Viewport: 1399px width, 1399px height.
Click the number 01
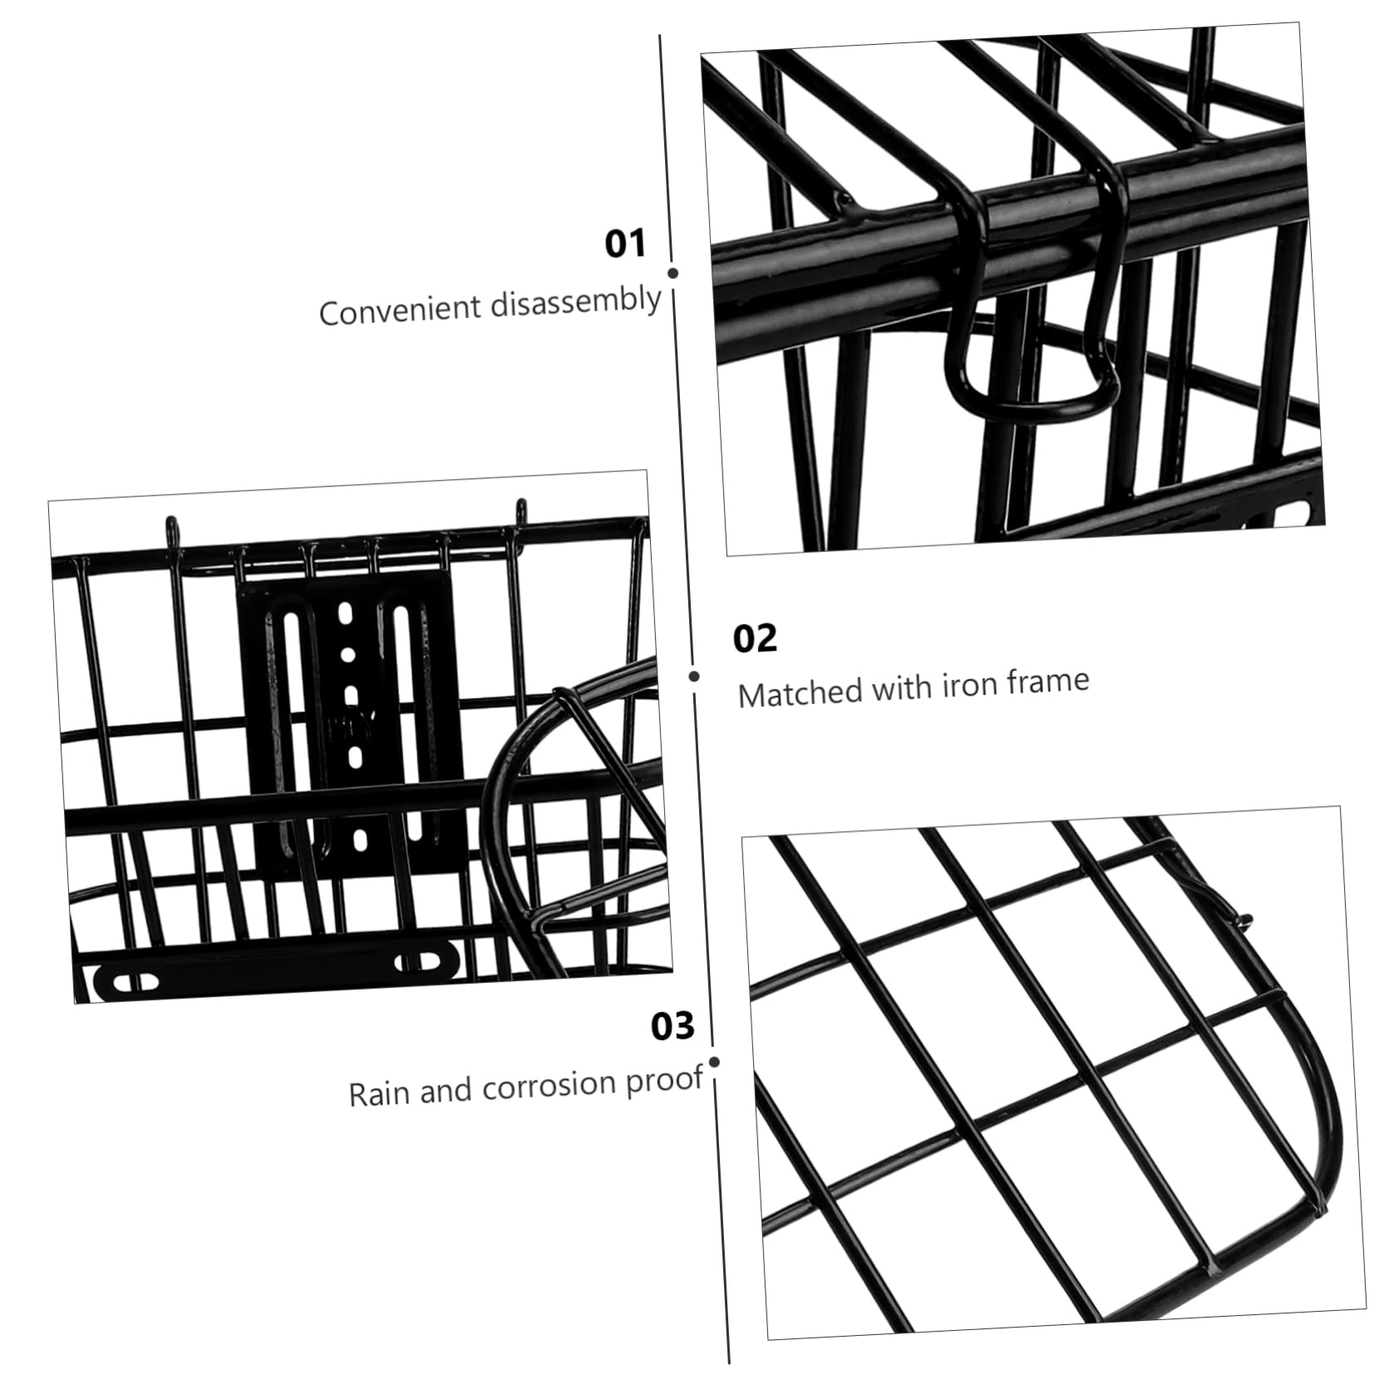[624, 244]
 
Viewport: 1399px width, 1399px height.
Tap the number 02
[754, 638]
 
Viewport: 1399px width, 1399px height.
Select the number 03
[673, 1026]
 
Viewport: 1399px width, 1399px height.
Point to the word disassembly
[575, 300]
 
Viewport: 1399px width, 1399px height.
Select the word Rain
[379, 1093]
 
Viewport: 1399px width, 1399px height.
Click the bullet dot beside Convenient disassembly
[673, 272]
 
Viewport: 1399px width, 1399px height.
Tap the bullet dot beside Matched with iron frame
[694, 676]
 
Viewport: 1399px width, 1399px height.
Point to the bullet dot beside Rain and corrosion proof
[715, 1062]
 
